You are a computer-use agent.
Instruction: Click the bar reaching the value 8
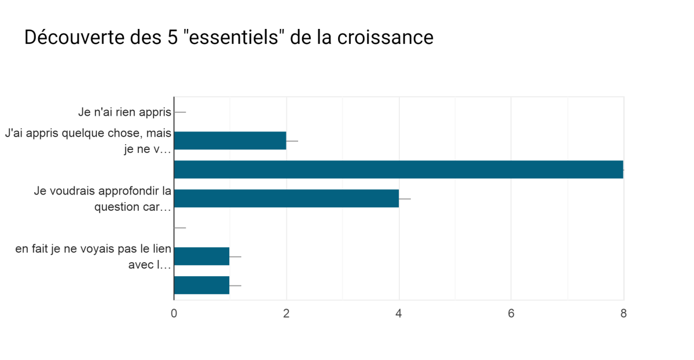[x=398, y=170]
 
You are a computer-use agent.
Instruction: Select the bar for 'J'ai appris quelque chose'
[x=230, y=141]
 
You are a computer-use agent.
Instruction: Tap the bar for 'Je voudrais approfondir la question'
[x=286, y=199]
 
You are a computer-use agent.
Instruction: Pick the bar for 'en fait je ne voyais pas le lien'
[x=201, y=256]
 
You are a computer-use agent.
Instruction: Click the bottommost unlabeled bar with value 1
[x=201, y=285]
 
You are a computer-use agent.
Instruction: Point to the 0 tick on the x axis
[x=174, y=314]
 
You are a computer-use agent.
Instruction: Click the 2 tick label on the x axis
[x=287, y=314]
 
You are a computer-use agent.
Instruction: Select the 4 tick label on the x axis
[x=399, y=314]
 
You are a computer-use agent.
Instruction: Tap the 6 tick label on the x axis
[x=511, y=314]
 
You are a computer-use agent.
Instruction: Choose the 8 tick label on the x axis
[x=623, y=314]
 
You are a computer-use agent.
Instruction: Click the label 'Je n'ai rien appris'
[x=125, y=112]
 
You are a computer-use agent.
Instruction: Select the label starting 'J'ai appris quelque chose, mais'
[x=89, y=134]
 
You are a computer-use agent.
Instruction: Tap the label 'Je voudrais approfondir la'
[x=102, y=192]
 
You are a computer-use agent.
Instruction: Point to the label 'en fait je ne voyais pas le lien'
[x=94, y=249]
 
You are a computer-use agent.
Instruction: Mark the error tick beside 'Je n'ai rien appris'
[x=180, y=112]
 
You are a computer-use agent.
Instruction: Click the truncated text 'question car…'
[x=133, y=207]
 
